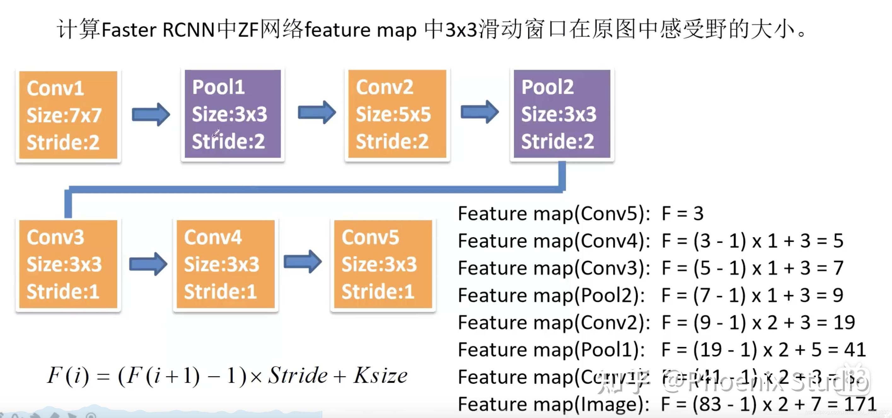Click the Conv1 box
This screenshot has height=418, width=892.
[68, 115]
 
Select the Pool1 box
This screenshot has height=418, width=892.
[233, 114]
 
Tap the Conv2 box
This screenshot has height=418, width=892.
[397, 114]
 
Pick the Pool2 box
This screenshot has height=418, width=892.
[562, 114]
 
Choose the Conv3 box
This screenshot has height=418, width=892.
[68, 264]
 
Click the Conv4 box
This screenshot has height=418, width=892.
[225, 264]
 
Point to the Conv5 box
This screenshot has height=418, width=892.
[383, 264]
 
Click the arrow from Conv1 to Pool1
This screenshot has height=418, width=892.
[151, 114]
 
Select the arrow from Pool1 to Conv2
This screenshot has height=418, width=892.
[317, 112]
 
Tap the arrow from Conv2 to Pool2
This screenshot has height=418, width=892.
[480, 112]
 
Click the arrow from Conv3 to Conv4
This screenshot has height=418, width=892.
[148, 264]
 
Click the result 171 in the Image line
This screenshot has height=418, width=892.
[860, 404]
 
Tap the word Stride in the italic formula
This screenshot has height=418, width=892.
[298, 376]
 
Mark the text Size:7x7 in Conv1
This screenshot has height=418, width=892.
[64, 115]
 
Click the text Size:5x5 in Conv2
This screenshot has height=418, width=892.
[393, 114]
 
